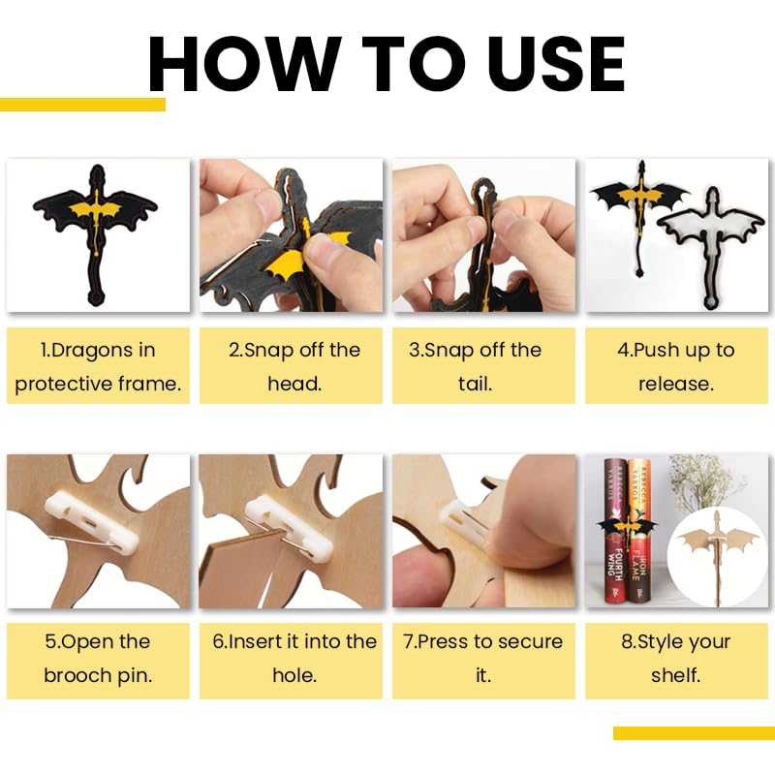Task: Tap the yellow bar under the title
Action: (82, 105)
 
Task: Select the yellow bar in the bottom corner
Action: (694, 733)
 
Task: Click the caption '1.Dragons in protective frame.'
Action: (98, 367)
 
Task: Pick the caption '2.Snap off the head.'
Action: (294, 367)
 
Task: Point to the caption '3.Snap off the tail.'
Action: (475, 367)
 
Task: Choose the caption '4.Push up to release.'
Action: (676, 367)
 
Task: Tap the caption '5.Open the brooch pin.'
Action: (98, 659)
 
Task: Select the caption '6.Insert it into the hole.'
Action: (294, 659)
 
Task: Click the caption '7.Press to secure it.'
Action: (483, 659)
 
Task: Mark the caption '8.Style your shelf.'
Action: (675, 659)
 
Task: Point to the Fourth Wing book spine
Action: (615, 531)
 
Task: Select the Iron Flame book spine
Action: (638, 531)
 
